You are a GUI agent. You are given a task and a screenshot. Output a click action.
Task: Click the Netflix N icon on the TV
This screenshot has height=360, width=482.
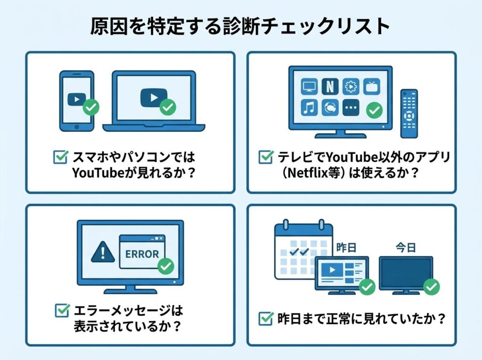click(330, 87)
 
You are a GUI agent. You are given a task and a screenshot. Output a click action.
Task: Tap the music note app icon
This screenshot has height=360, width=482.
click(309, 108)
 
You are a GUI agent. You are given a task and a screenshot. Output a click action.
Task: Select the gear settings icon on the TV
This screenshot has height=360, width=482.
click(351, 87)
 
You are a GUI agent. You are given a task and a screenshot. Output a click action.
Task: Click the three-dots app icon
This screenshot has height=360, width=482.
click(351, 108)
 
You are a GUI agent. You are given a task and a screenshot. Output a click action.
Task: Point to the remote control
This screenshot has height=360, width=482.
click(409, 113)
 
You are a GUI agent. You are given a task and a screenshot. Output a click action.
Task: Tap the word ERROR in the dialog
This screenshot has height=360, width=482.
click(142, 254)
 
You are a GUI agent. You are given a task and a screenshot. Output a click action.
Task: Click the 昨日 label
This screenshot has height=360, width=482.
click(346, 248)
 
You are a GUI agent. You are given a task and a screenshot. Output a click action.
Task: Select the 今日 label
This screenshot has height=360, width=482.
click(406, 248)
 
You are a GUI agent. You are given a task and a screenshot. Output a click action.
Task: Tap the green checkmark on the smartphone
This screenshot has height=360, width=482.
click(91, 107)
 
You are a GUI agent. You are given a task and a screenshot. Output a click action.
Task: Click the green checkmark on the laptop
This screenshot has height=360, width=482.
click(168, 107)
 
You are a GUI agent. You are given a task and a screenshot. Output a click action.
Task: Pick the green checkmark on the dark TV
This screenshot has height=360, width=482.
click(432, 287)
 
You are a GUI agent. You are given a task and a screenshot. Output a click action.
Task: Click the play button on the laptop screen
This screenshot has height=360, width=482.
click(154, 98)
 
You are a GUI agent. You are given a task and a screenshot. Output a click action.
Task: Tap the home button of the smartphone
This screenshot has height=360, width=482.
click(77, 127)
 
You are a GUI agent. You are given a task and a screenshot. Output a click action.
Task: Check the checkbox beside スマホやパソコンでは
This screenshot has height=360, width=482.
click(61, 157)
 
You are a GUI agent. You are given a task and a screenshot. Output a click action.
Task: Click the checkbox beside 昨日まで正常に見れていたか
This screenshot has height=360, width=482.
click(266, 319)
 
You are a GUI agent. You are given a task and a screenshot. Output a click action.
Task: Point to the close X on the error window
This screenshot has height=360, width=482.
click(161, 238)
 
